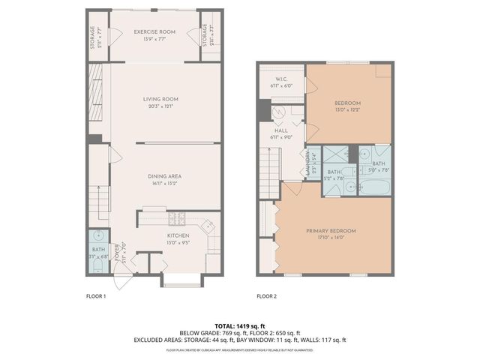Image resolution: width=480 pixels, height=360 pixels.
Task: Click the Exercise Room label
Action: point(154,31)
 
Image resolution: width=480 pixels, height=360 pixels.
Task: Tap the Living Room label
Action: point(160,98)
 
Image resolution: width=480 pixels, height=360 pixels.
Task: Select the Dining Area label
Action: point(165,175)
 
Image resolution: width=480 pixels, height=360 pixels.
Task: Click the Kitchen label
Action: point(178,235)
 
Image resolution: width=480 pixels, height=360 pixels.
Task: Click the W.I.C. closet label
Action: point(282,79)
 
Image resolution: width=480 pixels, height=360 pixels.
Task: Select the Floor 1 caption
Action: point(95,296)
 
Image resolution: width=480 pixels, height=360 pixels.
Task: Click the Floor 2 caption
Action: point(266,296)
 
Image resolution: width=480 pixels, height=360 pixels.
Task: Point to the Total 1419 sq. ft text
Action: point(239,325)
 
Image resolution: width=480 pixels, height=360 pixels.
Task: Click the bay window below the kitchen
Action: point(181,280)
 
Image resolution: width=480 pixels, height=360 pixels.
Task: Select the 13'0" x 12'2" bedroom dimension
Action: point(348,109)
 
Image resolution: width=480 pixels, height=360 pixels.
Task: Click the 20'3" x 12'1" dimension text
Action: point(160,106)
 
